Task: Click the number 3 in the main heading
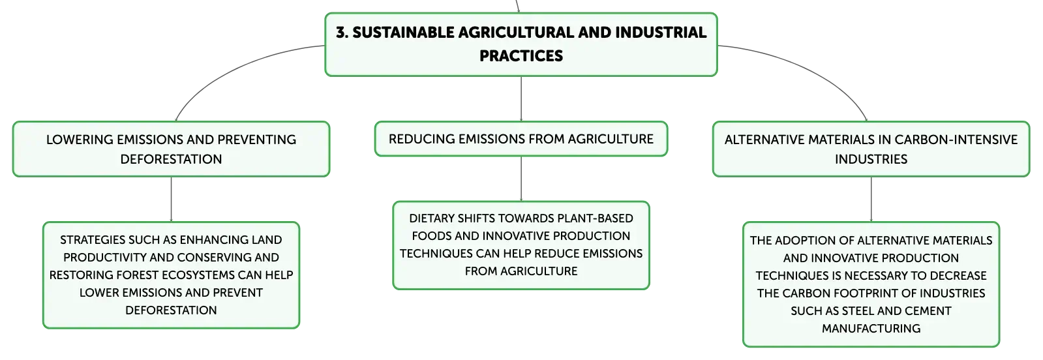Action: coord(341,33)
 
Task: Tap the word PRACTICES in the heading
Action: coord(521,56)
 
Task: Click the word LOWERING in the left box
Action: coord(80,140)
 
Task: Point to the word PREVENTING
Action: coord(256,140)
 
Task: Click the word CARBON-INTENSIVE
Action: coord(956,140)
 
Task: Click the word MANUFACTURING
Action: coord(871,329)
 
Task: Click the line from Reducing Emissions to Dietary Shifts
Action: coord(521,179)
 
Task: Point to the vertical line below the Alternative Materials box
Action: coord(871,200)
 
